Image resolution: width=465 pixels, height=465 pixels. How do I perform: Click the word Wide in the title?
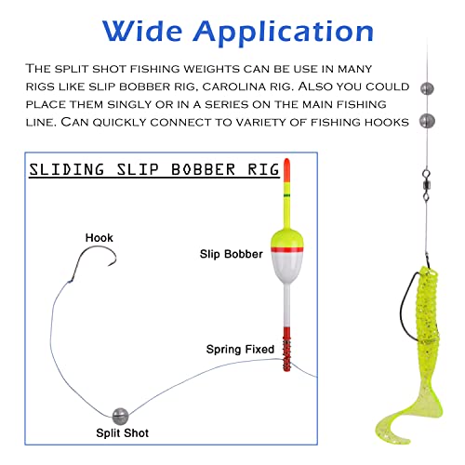[x=142, y=31]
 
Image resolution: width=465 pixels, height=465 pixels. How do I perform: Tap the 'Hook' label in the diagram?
[x=100, y=238]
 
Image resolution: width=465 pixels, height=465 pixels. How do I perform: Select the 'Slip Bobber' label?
[x=232, y=254]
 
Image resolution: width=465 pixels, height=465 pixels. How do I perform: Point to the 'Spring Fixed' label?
[x=240, y=350]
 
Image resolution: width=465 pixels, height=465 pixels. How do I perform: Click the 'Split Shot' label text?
[x=123, y=432]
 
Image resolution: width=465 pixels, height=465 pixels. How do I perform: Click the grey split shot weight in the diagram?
[x=120, y=416]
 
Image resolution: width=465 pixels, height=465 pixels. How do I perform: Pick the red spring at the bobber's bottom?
[x=286, y=349]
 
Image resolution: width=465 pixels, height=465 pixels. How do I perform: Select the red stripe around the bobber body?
[x=286, y=249]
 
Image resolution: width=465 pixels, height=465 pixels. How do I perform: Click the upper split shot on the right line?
[x=427, y=88]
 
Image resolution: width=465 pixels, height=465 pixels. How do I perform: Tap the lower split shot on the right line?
[x=427, y=121]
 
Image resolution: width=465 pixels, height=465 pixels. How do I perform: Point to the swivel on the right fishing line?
[x=427, y=185]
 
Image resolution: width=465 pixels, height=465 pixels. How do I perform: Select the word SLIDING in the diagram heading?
[x=67, y=170]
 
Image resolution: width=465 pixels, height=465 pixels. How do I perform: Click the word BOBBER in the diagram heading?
[x=204, y=170]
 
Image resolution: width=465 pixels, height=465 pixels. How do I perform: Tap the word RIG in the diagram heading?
[x=263, y=170]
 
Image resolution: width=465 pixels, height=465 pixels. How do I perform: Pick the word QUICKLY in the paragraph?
[x=119, y=123]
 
